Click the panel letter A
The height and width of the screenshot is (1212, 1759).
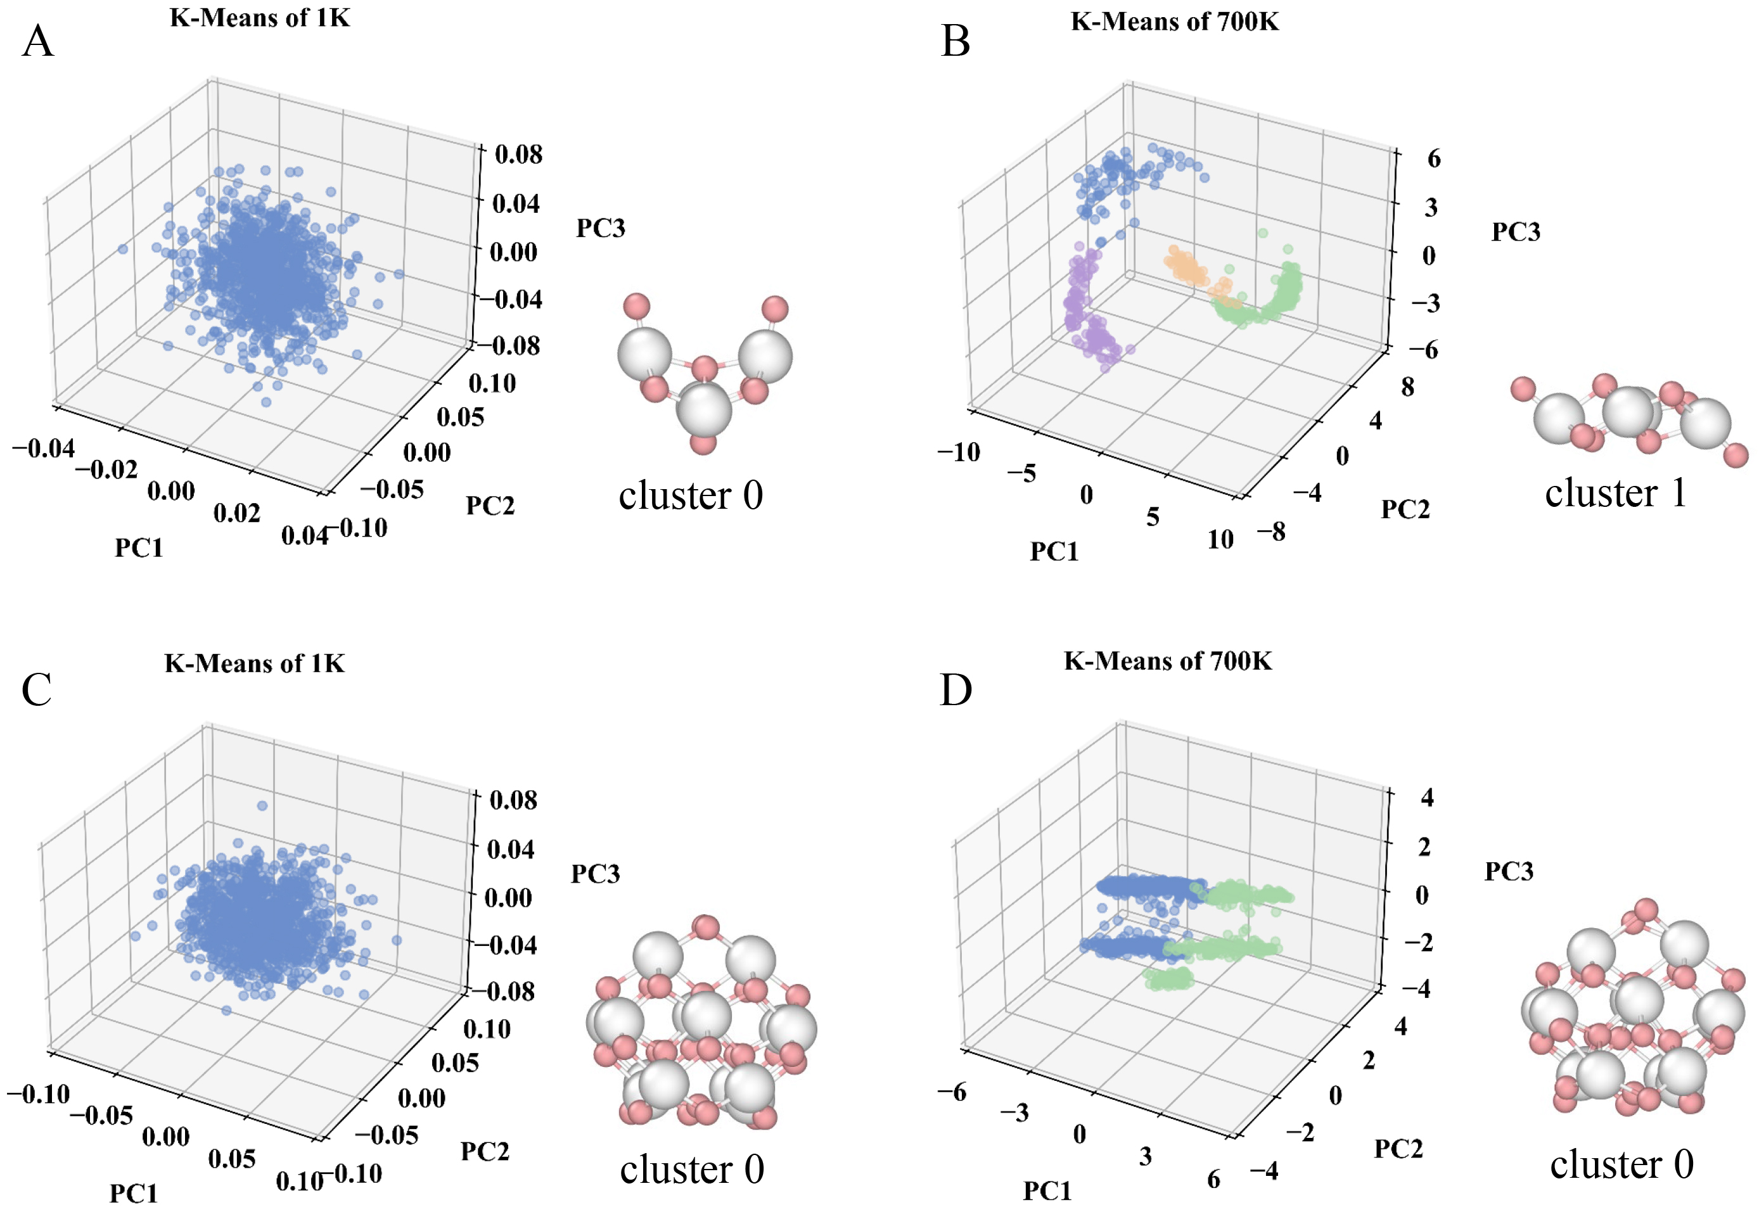click(x=38, y=42)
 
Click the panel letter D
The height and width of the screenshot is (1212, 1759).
click(x=956, y=689)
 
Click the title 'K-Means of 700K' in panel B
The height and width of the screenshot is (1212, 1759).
click(x=1174, y=22)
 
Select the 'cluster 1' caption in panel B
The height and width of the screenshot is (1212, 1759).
click(x=1615, y=494)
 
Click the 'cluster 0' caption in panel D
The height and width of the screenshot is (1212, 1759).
click(x=1621, y=1164)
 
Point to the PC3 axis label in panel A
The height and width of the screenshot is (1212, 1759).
click(x=600, y=228)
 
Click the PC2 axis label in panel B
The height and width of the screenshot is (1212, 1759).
click(x=1404, y=509)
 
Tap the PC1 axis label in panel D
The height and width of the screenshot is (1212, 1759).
click(x=1047, y=1190)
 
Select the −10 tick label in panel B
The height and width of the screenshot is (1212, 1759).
click(x=959, y=452)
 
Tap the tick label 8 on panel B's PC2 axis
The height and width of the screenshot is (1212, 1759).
click(x=1407, y=387)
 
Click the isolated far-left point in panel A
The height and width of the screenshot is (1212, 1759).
click(x=123, y=248)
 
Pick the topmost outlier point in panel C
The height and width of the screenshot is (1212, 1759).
click(x=262, y=805)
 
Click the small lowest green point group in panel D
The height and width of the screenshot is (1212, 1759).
click(x=1168, y=979)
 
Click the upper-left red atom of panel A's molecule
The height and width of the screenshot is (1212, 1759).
click(x=636, y=306)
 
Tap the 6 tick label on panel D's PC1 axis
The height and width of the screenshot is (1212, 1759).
click(x=1213, y=1178)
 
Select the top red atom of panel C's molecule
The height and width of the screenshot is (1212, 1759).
click(x=706, y=928)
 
